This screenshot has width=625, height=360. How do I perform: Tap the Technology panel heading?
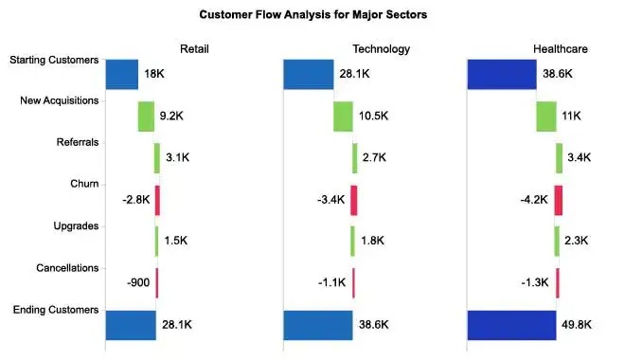tap(374, 48)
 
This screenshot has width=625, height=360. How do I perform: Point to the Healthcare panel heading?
tap(559, 48)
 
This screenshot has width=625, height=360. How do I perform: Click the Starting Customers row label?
tap(54, 61)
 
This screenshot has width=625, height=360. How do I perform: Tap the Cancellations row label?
tap(65, 268)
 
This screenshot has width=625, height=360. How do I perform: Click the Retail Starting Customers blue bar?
tap(121, 75)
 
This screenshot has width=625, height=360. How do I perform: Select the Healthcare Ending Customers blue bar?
tap(511, 324)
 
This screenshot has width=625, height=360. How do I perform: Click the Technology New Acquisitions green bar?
tap(343, 117)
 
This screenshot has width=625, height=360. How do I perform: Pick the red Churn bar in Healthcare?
tap(559, 200)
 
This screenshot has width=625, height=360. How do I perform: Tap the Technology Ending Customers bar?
tap(317, 324)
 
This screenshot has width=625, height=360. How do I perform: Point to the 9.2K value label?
tap(172, 117)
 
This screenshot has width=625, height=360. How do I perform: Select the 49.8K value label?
tap(577, 324)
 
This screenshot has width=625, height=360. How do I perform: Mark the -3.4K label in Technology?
tap(330, 200)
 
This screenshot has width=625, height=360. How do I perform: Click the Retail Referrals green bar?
tap(157, 158)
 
